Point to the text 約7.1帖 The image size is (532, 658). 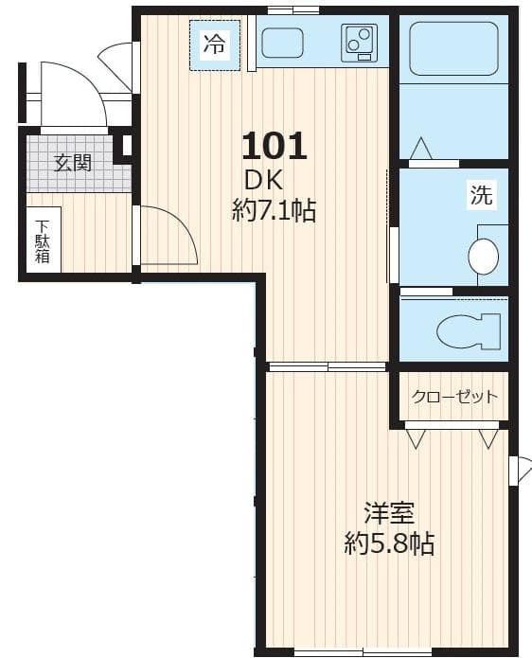click(275, 210)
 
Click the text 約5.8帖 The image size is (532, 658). click(389, 543)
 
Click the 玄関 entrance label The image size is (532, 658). click(73, 163)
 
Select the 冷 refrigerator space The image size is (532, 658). click(216, 44)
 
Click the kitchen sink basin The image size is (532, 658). click(282, 43)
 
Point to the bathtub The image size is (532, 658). click(453, 48)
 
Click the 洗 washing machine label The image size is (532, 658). click(482, 197)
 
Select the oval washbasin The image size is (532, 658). click(484, 257)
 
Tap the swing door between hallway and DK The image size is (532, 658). click(166, 237)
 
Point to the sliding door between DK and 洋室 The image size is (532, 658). click(327, 366)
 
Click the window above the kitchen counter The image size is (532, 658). click(293, 10)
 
